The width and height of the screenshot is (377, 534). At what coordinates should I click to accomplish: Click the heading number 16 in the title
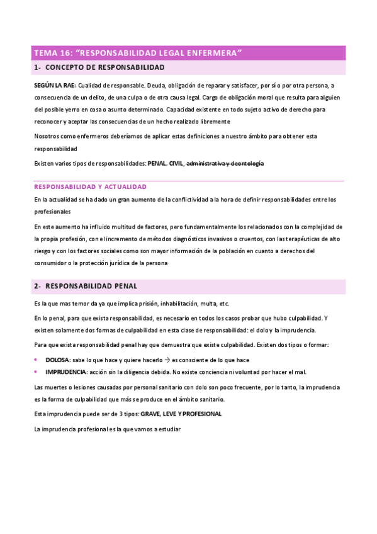pos(65,53)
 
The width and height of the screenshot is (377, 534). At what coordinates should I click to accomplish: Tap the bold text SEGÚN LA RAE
pos(55,85)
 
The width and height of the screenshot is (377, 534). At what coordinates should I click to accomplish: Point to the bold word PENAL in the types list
pos(157,163)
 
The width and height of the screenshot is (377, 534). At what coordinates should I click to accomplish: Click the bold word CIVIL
pos(176,163)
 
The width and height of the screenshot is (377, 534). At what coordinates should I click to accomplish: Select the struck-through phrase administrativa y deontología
pos(225,163)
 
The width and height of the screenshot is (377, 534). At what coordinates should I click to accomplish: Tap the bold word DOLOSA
pos(57,360)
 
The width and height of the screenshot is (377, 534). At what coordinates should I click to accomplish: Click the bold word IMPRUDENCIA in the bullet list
pos(66,372)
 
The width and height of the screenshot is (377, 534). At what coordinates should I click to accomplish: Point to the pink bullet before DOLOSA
pos(36,360)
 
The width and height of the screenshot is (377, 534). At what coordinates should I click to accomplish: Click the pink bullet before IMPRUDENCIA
pos(36,372)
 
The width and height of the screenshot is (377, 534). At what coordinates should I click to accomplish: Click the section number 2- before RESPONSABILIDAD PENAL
pos(37,286)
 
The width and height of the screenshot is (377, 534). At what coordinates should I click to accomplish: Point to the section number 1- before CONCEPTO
pos(37,67)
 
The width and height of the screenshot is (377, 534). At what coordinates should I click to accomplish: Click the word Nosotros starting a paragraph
pos(47,135)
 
